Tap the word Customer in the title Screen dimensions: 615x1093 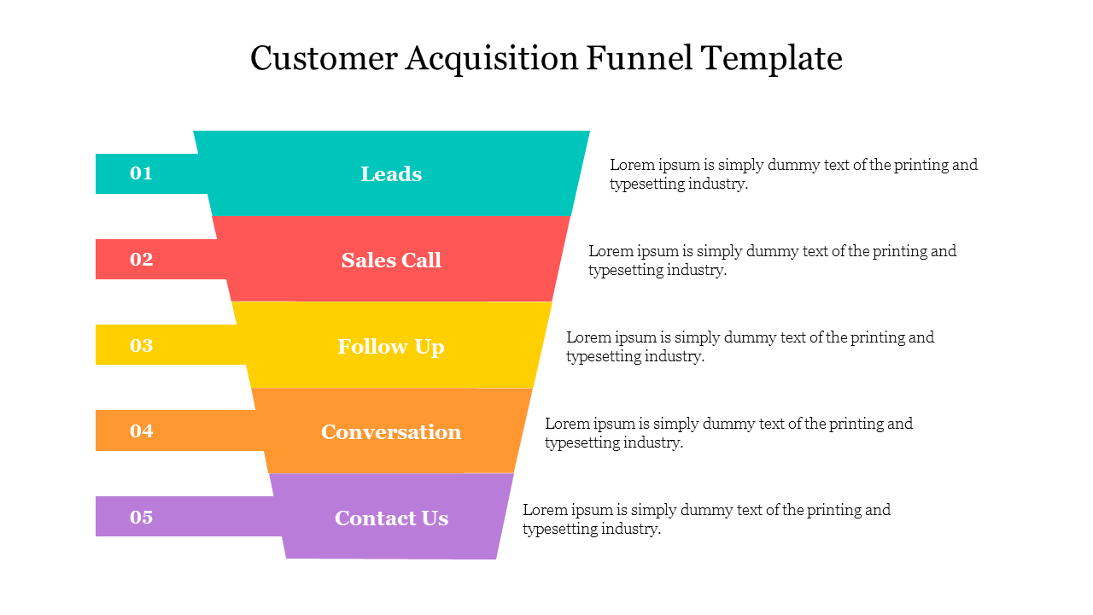coord(324,59)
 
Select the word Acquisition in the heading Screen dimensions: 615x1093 coord(492,59)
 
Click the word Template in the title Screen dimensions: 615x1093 coord(772,59)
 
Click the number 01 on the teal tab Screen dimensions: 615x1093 coord(141,173)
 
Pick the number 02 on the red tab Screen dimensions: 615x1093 coord(141,260)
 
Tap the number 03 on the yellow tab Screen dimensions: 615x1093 coord(141,345)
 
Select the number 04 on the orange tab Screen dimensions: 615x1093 coord(141,431)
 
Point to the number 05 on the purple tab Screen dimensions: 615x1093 coord(141,517)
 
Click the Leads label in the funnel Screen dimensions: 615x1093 coord(391,174)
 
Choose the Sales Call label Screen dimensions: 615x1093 coord(391,261)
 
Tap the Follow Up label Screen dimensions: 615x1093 coord(391,347)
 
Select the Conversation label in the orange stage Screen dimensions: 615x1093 coord(391,432)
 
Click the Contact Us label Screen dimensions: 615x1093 coord(391,518)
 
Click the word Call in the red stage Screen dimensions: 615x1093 coord(422,261)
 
